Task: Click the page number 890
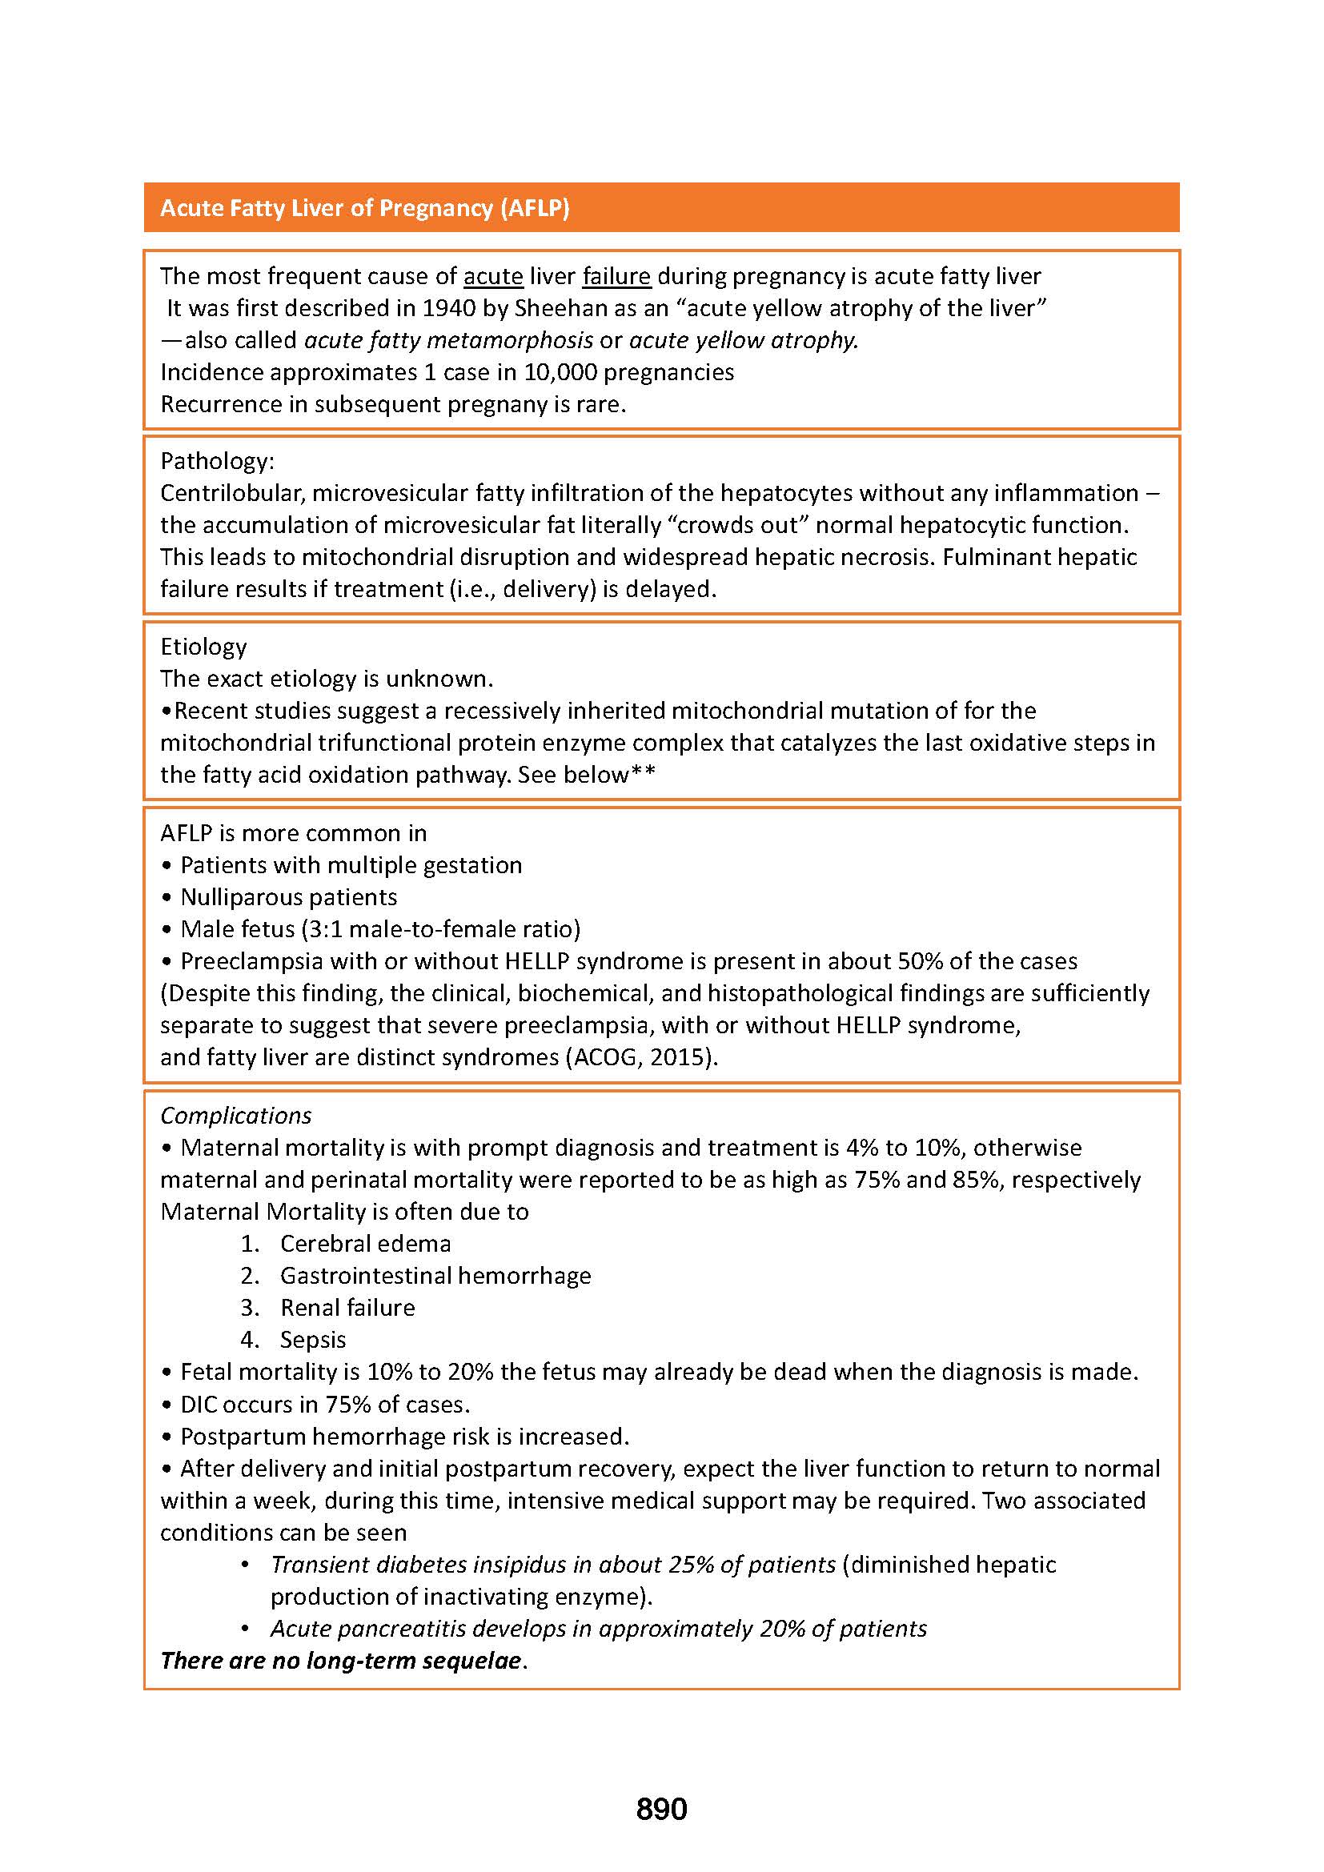tap(661, 1809)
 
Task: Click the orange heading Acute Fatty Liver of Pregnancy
tap(364, 208)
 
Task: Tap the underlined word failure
tap(616, 276)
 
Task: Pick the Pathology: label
tap(217, 462)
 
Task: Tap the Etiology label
tap(203, 647)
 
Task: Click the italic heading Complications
tap(235, 1116)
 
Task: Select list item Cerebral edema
tap(365, 1244)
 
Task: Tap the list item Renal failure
tap(347, 1308)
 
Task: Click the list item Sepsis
tap(313, 1340)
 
